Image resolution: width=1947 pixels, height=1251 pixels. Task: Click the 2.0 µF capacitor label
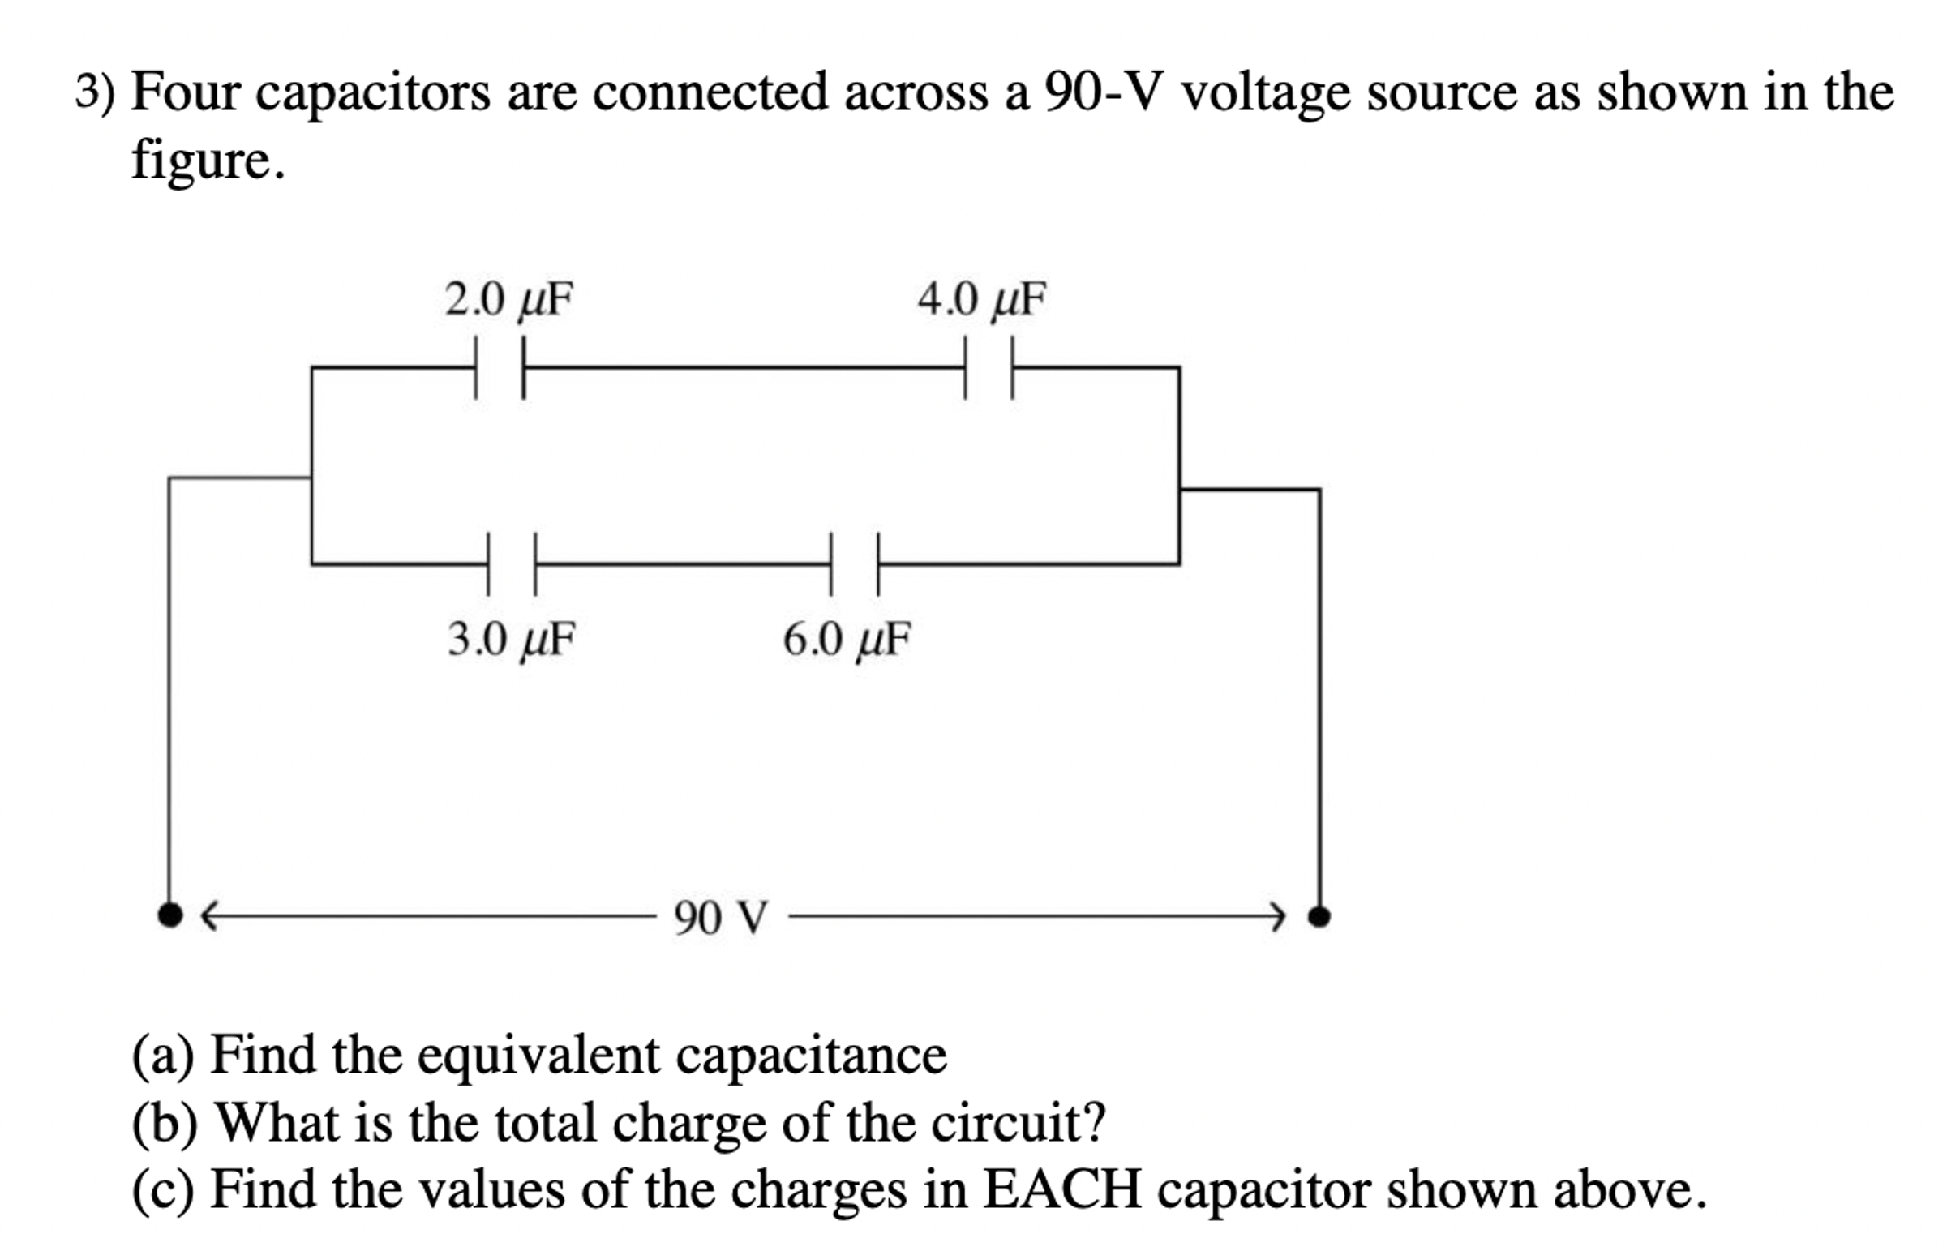pos(508,299)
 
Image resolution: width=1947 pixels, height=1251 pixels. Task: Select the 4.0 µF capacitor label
pos(981,299)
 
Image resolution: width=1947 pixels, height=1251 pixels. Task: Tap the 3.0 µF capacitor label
pos(512,640)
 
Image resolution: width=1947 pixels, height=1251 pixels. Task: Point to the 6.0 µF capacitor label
pos(847,640)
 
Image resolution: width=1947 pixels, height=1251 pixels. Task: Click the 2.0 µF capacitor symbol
pos(500,368)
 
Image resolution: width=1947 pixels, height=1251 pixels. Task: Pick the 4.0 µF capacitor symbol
pos(989,368)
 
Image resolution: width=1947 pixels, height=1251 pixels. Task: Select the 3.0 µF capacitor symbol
pos(512,563)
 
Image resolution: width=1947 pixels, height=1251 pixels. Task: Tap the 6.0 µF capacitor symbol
pos(855,563)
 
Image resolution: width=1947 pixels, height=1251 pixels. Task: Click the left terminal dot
pos(169,915)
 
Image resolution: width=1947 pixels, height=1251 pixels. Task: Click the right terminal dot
pos(1319,916)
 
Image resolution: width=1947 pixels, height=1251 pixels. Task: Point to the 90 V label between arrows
pos(720,918)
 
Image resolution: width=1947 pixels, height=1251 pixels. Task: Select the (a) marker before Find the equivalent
pos(163,1056)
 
